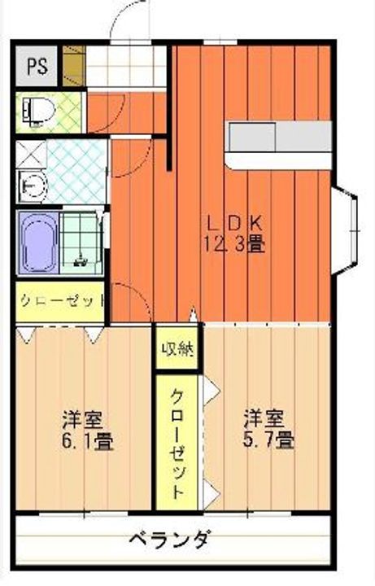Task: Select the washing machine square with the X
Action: coord(29,154)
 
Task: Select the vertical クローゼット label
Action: coord(179,443)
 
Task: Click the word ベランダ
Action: coord(172,540)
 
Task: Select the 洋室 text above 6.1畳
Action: coord(84,421)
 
